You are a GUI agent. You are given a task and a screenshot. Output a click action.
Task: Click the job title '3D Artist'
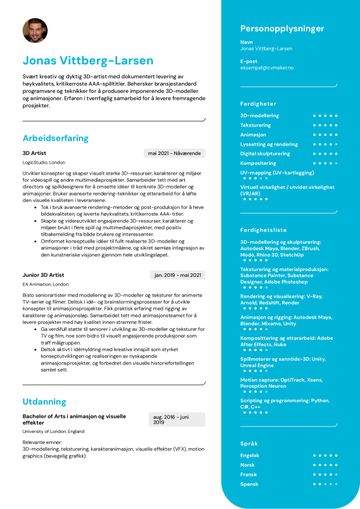[x=33, y=153]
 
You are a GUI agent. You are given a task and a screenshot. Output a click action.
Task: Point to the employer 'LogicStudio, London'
[x=43, y=162]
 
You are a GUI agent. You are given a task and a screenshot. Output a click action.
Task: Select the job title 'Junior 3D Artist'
[x=44, y=275]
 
